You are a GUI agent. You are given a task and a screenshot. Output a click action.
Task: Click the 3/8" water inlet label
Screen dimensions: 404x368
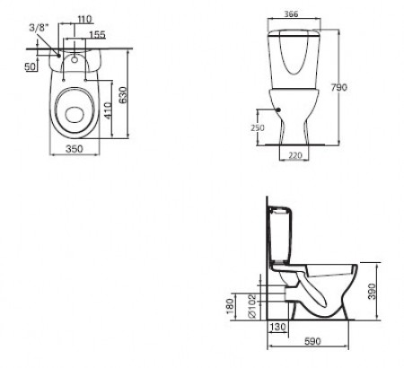[39, 28]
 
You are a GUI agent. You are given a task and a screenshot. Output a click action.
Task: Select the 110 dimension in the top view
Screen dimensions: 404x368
[84, 20]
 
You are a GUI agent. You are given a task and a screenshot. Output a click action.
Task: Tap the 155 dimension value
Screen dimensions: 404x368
[97, 35]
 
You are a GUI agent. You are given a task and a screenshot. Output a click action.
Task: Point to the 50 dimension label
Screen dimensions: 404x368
[31, 66]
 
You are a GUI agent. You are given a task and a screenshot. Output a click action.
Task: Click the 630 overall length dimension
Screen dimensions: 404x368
[123, 94]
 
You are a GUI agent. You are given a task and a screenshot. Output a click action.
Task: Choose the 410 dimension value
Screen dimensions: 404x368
[108, 110]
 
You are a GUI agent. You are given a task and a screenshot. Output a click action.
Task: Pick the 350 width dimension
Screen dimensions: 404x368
[74, 148]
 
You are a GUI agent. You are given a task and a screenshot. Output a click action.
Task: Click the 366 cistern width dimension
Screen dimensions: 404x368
[291, 13]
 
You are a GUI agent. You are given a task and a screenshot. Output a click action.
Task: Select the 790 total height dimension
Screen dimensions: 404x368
[338, 87]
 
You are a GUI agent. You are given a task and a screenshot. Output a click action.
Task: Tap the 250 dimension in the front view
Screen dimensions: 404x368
[258, 127]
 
